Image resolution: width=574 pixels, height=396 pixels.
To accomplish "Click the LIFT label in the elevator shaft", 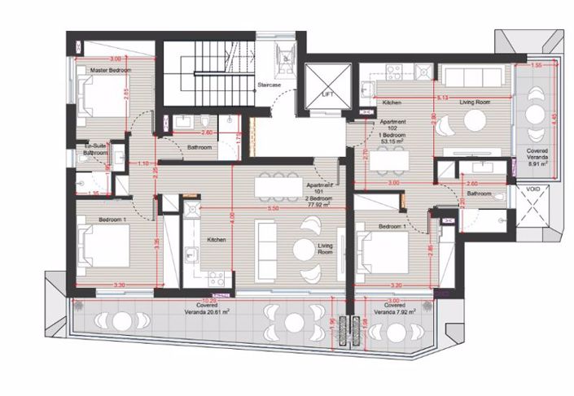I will coord(327,94).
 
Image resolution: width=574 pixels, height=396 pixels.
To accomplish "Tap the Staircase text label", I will coord(269,85).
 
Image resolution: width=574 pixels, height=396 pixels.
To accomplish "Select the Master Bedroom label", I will coord(110,70).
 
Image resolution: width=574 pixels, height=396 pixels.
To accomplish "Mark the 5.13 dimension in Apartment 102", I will coord(443,98).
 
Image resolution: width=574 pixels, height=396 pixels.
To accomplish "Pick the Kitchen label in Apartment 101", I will coord(216,240).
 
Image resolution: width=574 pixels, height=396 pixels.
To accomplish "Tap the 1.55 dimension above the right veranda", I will coord(536,63).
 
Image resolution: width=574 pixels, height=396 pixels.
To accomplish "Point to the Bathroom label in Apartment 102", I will coord(480,194).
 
